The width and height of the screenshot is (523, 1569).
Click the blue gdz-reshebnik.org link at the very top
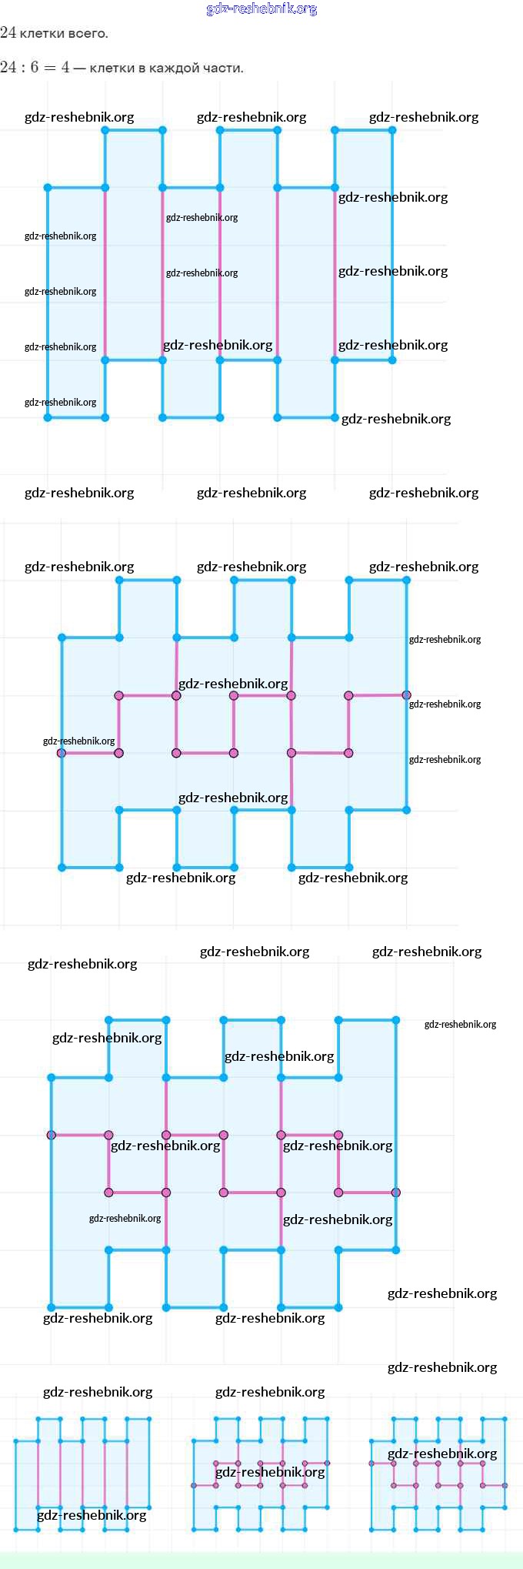(261, 9)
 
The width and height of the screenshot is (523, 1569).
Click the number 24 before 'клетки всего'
(8, 32)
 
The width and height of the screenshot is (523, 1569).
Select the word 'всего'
(88, 33)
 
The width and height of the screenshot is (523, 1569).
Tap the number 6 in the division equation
(35, 67)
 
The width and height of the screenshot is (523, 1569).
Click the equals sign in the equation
(50, 68)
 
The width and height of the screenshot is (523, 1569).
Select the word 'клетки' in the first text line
(42, 33)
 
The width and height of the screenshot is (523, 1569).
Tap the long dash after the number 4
(79, 68)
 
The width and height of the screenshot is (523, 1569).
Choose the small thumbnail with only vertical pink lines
(82, 1473)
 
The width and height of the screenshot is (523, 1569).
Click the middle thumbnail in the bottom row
(261, 1473)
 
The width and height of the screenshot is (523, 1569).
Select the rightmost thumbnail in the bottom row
(438, 1473)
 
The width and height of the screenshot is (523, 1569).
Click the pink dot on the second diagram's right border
(406, 695)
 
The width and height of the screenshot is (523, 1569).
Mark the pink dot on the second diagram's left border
(62, 753)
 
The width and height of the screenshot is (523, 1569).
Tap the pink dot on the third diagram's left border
(52, 1135)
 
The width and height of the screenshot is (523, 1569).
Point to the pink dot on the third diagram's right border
(395, 1193)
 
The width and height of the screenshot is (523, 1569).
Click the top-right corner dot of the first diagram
(392, 130)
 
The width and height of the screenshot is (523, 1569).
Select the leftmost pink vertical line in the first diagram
(105, 273)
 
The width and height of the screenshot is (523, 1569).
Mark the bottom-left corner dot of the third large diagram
(52, 1306)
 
